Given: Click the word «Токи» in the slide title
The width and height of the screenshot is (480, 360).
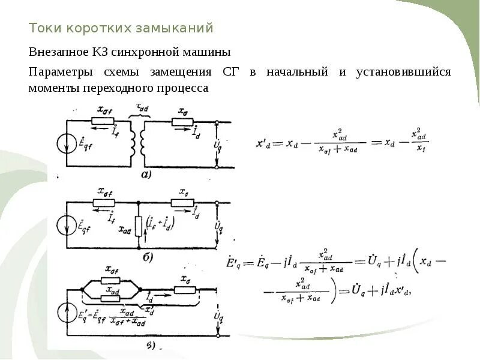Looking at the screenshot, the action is tap(46, 28).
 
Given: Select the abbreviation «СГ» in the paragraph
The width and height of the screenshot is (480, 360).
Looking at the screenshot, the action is tap(231, 72).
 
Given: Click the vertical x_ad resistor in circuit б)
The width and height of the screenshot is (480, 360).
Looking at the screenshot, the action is tap(139, 226).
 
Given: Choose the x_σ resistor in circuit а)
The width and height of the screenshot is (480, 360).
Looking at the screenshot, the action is tap(182, 122).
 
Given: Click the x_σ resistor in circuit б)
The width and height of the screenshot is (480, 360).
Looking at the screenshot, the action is tap(182, 203).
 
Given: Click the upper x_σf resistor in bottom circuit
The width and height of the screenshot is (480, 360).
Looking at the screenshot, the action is tap(110, 280).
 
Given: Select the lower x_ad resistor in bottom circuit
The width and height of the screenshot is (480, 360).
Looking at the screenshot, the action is tap(110, 297).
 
